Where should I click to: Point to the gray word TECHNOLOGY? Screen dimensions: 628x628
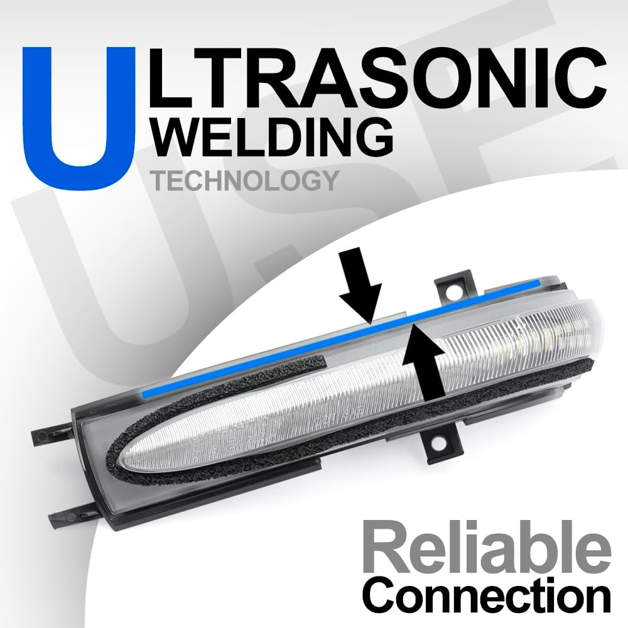pyautogui.click(x=246, y=181)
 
